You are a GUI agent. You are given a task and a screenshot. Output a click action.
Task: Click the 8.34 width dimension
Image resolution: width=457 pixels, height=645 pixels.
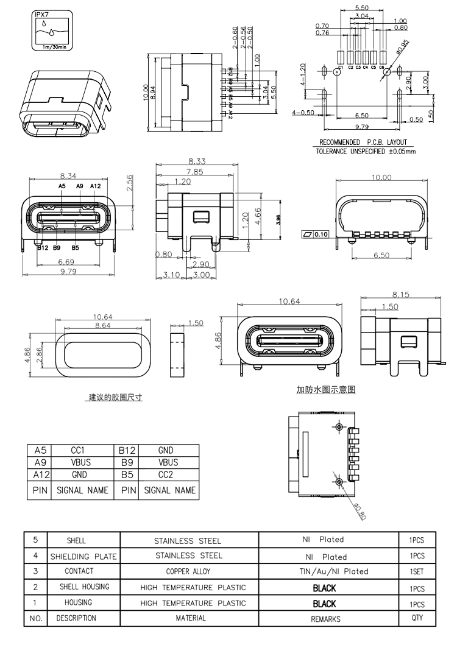[x=69, y=175]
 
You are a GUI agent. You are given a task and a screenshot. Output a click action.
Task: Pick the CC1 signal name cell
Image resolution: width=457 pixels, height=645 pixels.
[x=77, y=451]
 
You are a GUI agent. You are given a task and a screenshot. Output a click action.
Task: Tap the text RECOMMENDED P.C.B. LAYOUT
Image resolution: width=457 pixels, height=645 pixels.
[x=363, y=143]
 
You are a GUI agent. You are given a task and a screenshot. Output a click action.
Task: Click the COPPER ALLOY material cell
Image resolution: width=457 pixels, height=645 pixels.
[x=190, y=571]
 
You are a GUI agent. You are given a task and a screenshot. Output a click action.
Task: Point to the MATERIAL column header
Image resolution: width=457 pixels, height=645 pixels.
[x=190, y=618]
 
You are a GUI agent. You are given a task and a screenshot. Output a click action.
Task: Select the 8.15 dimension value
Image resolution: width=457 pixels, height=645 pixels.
[x=401, y=294]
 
